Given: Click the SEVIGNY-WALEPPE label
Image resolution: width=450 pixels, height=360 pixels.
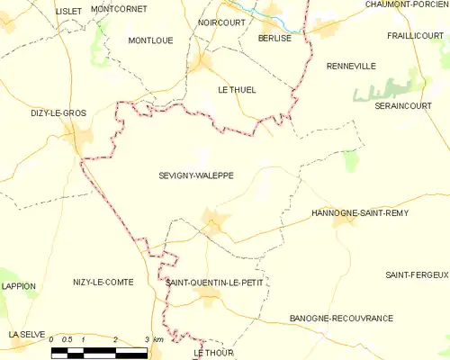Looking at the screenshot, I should click(x=196, y=176).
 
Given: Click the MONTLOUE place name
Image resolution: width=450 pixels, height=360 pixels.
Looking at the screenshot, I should click(x=150, y=41).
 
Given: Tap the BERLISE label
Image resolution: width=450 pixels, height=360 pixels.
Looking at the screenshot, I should click(x=274, y=39).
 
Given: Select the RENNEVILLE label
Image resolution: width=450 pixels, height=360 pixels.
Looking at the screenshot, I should click(x=351, y=66).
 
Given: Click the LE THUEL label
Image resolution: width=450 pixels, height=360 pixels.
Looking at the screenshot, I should click(x=238, y=90).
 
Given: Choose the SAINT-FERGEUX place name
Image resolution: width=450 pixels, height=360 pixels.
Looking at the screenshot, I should click(x=417, y=274).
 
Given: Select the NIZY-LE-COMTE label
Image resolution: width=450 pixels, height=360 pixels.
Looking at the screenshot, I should click(x=103, y=283).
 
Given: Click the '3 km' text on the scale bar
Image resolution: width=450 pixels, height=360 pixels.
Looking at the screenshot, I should click(x=153, y=339).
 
